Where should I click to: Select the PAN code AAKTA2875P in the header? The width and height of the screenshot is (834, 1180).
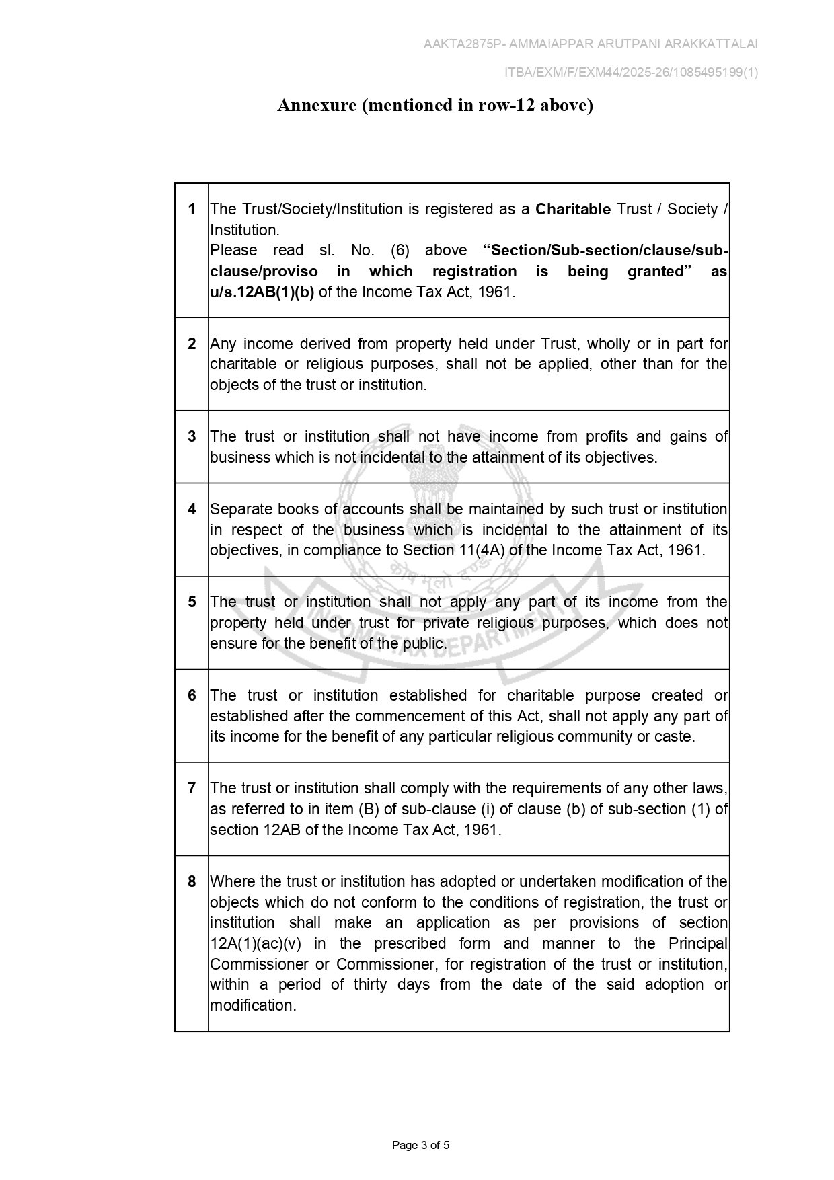(x=463, y=44)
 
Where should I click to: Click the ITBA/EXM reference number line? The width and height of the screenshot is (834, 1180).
(x=631, y=73)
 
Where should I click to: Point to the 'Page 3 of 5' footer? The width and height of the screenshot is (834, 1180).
(x=420, y=1145)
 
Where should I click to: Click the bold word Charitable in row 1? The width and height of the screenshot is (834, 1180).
(x=573, y=210)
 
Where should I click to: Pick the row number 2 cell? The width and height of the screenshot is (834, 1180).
(x=192, y=344)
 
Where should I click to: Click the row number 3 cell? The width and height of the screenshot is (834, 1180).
(x=192, y=436)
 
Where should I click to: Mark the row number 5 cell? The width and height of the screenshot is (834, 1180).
(x=192, y=602)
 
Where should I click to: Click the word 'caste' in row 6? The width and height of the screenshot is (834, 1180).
(x=673, y=737)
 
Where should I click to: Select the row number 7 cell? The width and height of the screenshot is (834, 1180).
(x=192, y=788)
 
